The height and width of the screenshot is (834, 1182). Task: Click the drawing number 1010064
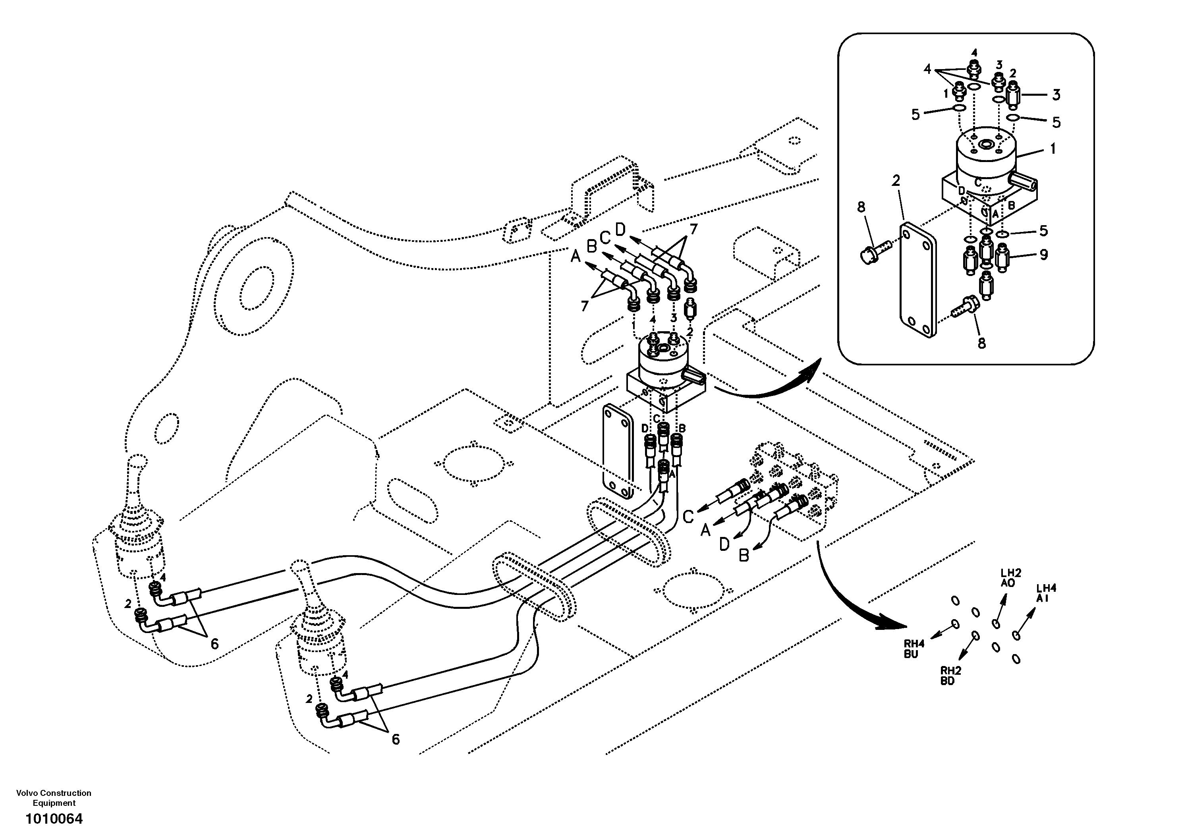pos(54,818)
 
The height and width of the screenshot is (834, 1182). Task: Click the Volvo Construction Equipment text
pos(54,797)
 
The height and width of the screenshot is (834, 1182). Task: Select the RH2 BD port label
pos(951,676)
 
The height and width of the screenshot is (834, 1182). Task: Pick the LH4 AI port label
pos(1046,593)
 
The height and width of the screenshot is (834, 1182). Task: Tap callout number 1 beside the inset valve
pos(1053,149)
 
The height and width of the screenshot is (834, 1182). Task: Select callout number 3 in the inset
pos(1056,95)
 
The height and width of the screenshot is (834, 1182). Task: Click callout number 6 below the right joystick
pos(395,739)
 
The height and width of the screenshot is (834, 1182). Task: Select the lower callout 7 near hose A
pos(584,306)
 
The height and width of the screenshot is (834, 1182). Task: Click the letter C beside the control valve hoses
pos(688,516)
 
